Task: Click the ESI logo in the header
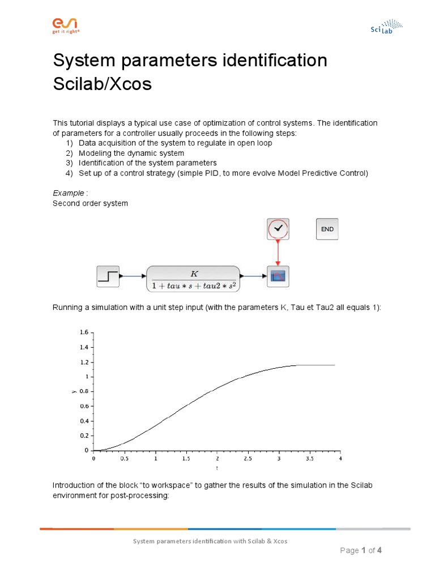click(x=66, y=25)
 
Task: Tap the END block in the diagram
click(x=327, y=229)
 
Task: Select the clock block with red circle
click(x=278, y=229)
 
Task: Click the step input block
click(x=108, y=276)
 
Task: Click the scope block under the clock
click(x=278, y=276)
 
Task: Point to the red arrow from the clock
click(x=278, y=253)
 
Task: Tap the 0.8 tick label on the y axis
click(x=83, y=391)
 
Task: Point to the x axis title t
click(x=216, y=468)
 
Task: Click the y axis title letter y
click(x=73, y=391)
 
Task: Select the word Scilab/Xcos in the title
click(x=103, y=84)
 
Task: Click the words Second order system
click(x=90, y=203)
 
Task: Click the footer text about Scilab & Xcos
click(x=210, y=541)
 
